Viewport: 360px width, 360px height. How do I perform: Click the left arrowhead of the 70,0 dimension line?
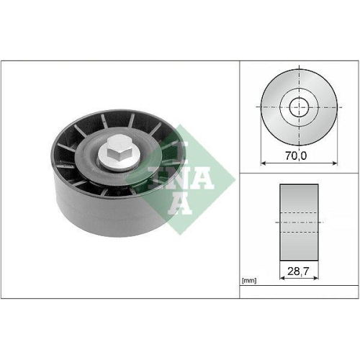[x=262, y=163]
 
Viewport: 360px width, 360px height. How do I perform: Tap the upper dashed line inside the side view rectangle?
[x=298, y=213]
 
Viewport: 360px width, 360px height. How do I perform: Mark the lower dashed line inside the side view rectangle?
[x=298, y=232]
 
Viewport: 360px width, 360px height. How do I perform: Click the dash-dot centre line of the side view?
[x=298, y=222]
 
